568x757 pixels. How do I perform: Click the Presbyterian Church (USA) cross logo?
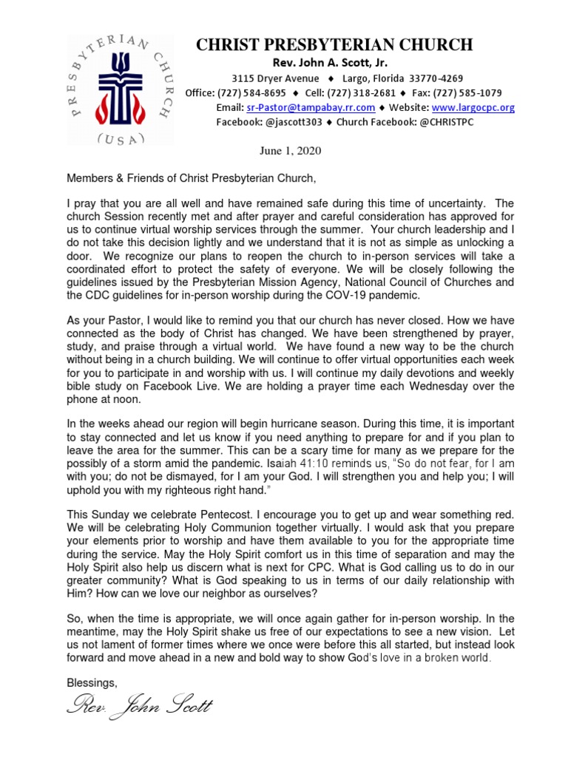(x=120, y=89)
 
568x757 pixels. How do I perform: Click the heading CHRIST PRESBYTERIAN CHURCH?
(x=334, y=45)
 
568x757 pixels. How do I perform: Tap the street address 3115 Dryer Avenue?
(x=275, y=78)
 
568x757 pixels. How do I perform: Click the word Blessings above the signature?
(x=92, y=682)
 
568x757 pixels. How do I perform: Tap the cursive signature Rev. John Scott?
(x=139, y=706)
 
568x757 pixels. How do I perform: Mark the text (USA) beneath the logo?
(x=121, y=139)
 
